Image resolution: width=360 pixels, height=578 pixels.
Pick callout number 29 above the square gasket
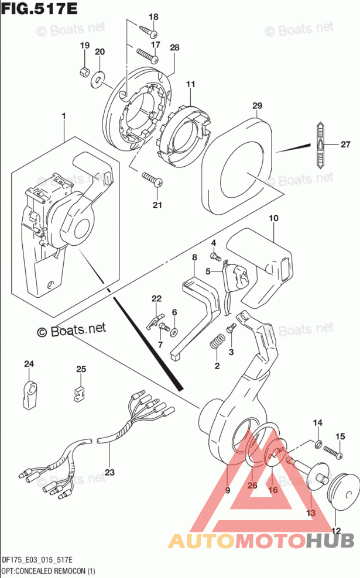(x=257, y=106)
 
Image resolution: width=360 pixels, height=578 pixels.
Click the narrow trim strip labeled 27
(x=321, y=144)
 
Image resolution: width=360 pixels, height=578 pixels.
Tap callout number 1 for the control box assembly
(x=63, y=117)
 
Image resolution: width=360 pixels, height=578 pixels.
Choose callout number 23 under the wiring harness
(x=110, y=471)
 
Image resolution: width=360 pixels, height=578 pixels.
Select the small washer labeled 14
(x=318, y=445)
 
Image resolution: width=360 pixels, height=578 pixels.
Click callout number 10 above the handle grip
(x=273, y=218)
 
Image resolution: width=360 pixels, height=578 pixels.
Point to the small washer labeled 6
(x=174, y=332)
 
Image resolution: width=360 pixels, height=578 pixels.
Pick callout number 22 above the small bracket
(x=156, y=299)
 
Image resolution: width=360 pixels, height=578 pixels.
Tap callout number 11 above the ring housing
(x=190, y=85)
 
